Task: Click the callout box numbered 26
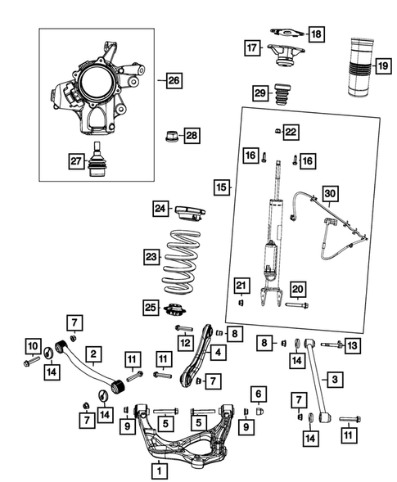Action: tap(173, 80)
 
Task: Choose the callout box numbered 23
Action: tap(150, 256)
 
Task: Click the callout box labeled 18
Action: tap(315, 34)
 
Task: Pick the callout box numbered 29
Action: tap(260, 94)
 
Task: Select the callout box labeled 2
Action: tap(95, 354)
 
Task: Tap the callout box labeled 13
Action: tap(352, 346)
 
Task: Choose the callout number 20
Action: tap(297, 288)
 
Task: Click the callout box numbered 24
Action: tap(160, 209)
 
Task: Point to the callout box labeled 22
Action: tap(291, 131)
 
